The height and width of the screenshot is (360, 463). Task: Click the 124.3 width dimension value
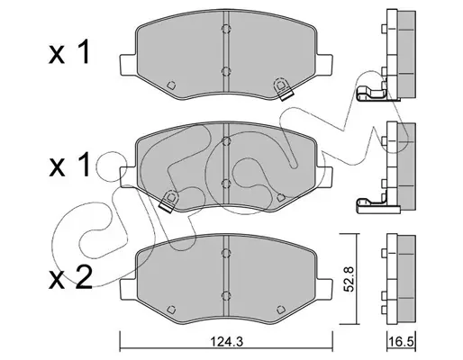226,341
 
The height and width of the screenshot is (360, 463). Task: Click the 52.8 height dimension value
350,279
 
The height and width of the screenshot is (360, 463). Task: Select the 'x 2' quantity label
70,278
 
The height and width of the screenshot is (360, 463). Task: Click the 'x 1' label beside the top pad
68,52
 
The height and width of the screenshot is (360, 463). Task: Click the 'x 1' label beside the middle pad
68,165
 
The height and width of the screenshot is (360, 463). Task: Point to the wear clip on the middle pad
168,201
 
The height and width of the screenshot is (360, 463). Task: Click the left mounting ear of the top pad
128,65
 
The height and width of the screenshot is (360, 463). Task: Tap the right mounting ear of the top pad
324,65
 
